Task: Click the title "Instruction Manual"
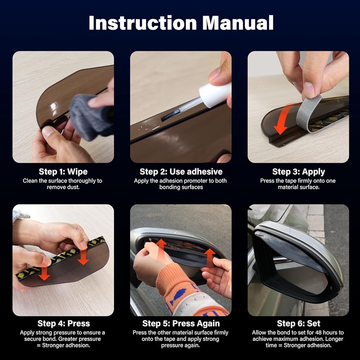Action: [x=181, y=23]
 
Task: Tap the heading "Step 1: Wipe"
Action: [x=63, y=171]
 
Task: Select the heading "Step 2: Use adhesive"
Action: [x=181, y=171]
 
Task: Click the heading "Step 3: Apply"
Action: [x=298, y=172]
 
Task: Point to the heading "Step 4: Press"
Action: [x=64, y=323]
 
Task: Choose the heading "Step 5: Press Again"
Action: [x=181, y=324]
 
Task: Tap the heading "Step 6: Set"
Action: [x=298, y=323]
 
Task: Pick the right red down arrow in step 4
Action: [x=83, y=257]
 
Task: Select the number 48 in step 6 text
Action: [x=319, y=332]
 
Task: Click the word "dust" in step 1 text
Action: [x=73, y=187]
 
